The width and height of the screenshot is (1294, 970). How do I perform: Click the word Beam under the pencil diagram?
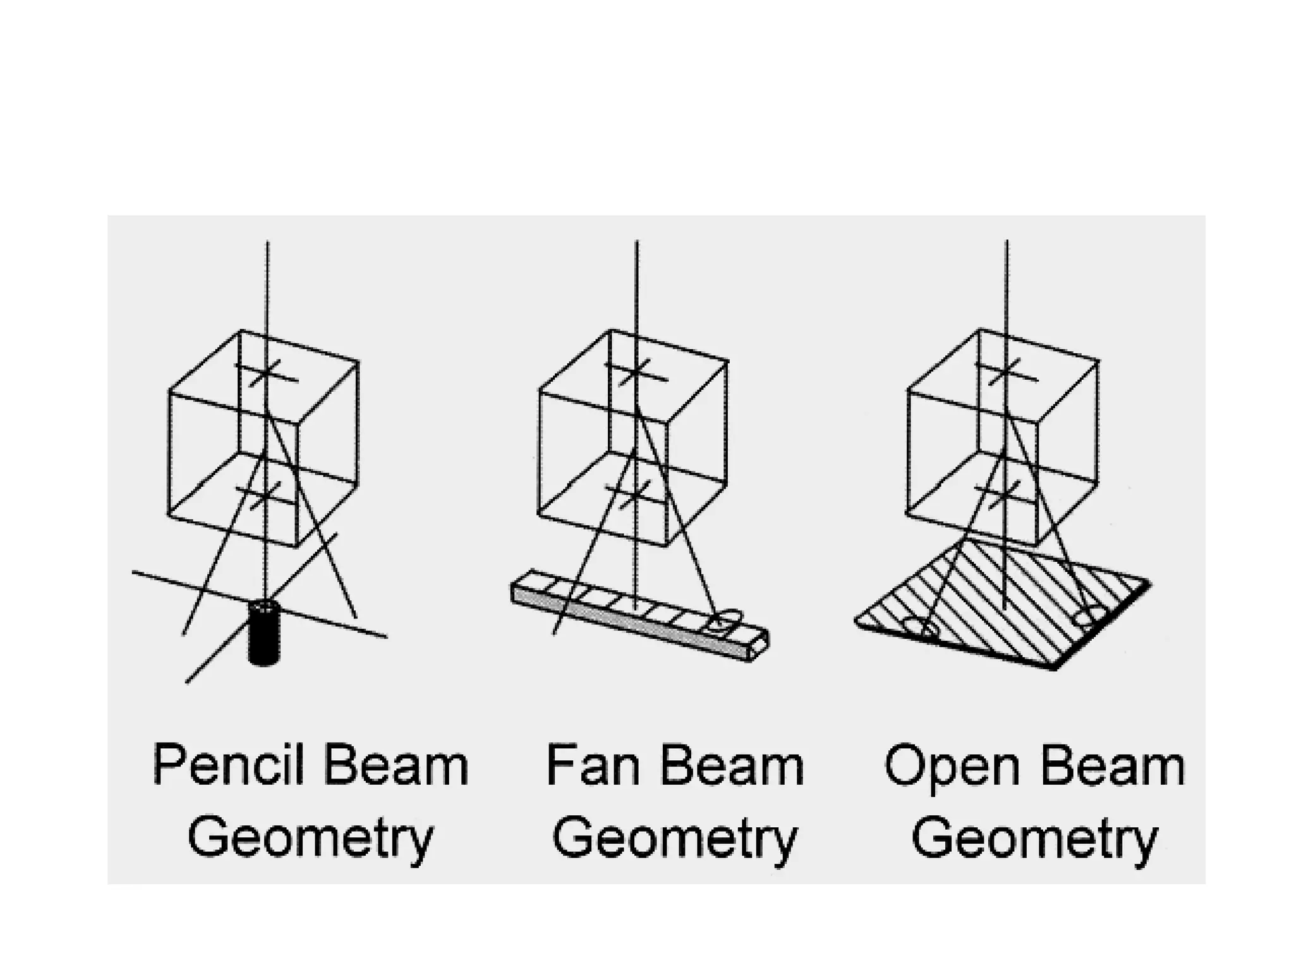(x=396, y=766)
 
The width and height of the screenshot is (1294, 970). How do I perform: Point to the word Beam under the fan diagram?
(x=730, y=766)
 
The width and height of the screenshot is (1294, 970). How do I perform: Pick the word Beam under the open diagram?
(x=1112, y=766)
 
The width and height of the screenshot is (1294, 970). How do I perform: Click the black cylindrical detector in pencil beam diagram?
(x=264, y=633)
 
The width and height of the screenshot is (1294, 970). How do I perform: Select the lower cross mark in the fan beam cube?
(x=634, y=495)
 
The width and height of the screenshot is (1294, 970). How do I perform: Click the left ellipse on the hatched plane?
(x=922, y=628)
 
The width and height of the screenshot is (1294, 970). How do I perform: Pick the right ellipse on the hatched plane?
(x=1089, y=615)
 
